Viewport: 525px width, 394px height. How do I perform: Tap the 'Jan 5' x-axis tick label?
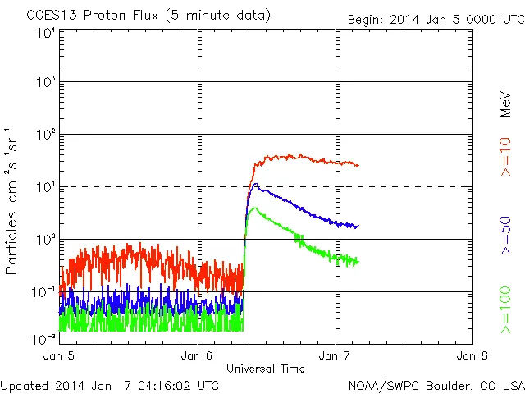(x=59, y=356)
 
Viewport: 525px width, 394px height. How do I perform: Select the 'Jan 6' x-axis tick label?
(x=197, y=356)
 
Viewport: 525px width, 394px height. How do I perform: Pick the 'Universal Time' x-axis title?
(x=266, y=369)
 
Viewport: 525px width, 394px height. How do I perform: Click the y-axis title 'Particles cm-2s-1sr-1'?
(x=13, y=201)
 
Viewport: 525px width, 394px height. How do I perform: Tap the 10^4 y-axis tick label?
(x=46, y=33)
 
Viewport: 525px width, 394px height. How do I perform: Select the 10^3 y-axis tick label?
(x=46, y=82)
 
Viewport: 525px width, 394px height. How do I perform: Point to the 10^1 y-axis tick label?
(x=46, y=187)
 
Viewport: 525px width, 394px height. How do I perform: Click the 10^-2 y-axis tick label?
(x=44, y=338)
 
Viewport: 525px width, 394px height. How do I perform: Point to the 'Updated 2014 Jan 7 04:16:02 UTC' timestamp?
(x=110, y=384)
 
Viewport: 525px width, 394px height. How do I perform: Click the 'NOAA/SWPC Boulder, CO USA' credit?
(x=436, y=384)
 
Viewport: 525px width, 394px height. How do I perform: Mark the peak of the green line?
(x=254, y=208)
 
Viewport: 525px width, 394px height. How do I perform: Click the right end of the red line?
(x=358, y=165)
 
